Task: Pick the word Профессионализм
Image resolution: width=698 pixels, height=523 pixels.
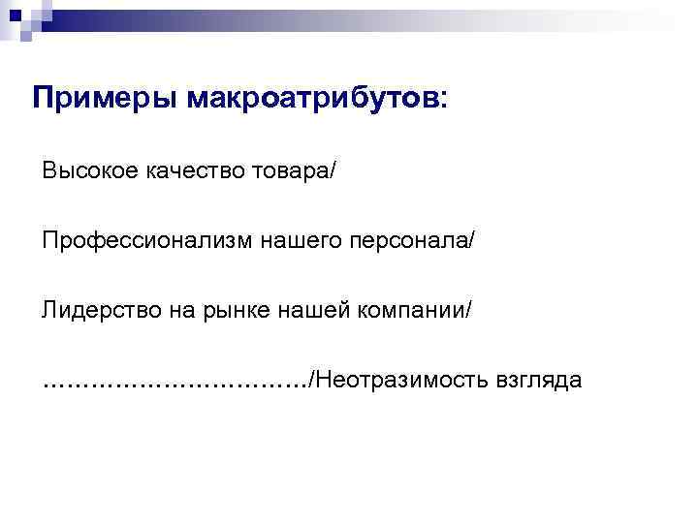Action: click(145, 240)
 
